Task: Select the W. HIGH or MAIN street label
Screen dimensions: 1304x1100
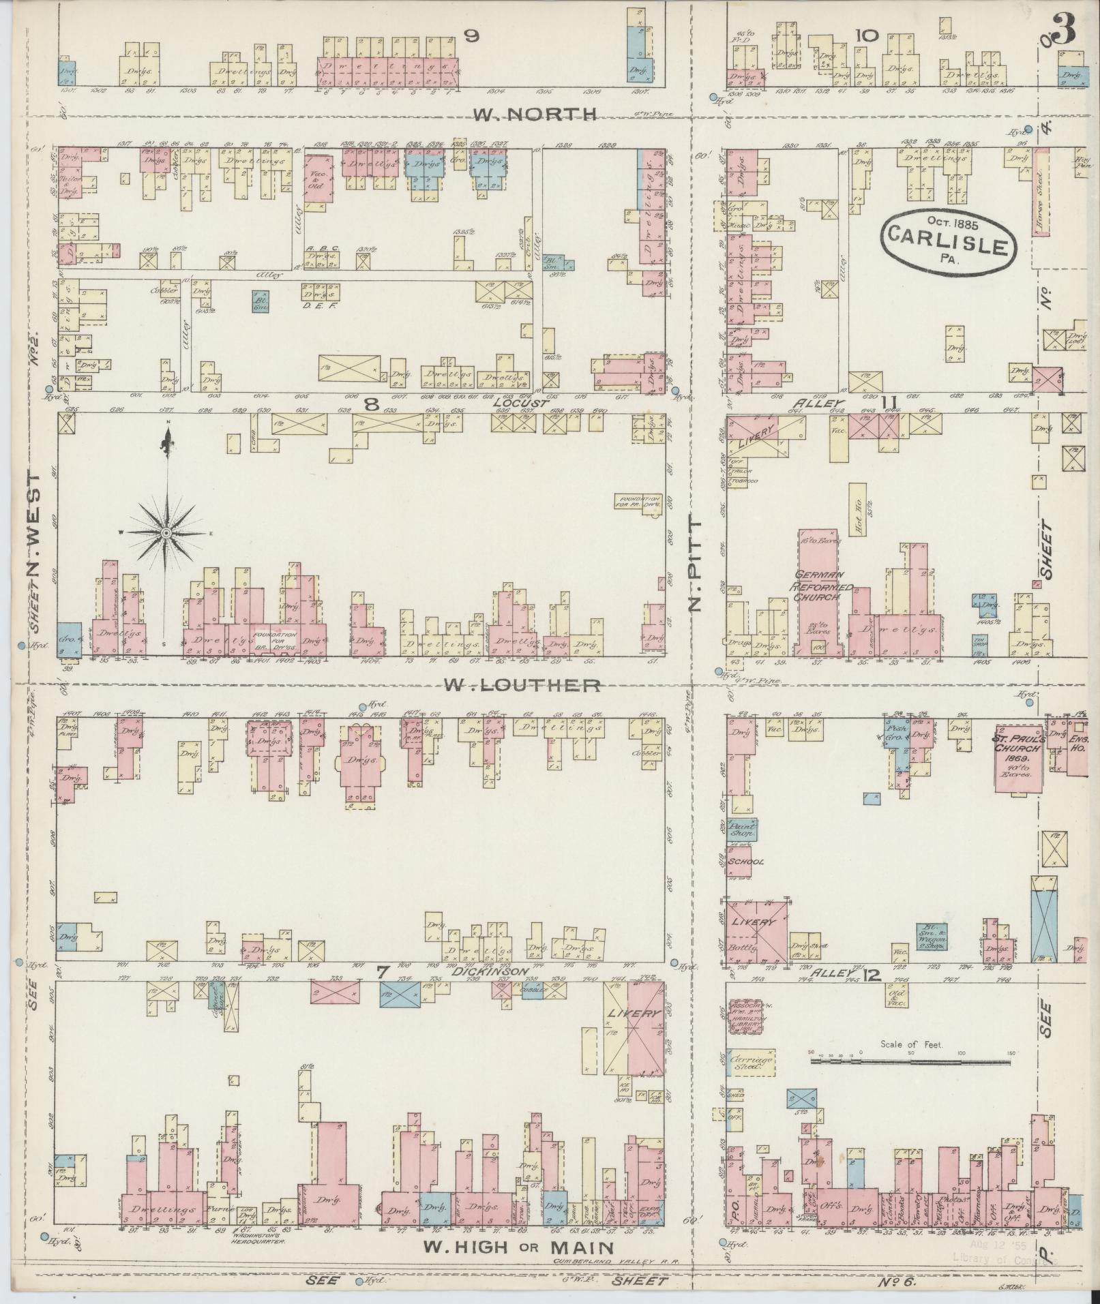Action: (518, 1247)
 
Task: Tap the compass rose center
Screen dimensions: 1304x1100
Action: (166, 532)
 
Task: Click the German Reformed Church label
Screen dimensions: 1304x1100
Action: (821, 586)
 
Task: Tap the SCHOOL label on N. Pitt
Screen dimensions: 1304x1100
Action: (746, 862)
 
